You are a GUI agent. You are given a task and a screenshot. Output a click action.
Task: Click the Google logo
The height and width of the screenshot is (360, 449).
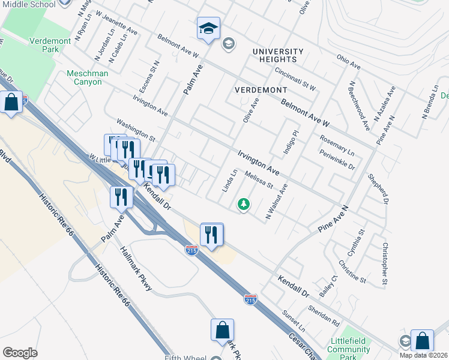20,353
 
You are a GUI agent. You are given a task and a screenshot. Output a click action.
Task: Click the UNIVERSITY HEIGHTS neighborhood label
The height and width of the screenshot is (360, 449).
274,55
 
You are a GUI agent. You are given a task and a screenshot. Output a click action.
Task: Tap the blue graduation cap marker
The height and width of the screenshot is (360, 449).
208,29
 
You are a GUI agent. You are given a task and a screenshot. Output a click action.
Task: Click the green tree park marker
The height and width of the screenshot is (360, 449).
244,205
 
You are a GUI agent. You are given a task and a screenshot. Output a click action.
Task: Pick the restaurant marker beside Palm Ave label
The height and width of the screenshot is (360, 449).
121,197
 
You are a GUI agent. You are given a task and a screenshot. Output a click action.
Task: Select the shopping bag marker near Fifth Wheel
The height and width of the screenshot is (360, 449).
222,331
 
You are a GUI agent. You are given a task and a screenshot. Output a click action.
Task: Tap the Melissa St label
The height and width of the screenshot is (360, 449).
259,181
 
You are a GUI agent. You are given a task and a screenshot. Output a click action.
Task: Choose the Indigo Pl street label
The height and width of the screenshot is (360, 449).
292,142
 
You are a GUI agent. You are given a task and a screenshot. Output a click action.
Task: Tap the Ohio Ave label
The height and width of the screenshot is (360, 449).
348,62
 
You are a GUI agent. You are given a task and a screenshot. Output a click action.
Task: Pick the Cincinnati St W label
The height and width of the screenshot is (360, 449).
295,79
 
